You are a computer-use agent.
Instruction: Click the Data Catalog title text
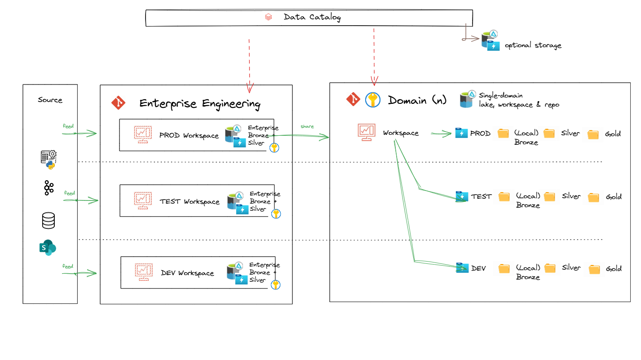(312, 18)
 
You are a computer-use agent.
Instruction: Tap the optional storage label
(533, 45)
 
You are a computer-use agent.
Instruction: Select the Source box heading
(50, 100)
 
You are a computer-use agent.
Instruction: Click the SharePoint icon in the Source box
(48, 248)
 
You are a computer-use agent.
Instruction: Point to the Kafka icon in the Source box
(49, 187)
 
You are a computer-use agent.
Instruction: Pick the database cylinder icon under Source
(48, 221)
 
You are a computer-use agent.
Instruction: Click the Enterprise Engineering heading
(199, 104)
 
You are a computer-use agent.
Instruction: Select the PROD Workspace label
(189, 135)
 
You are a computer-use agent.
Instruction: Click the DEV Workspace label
(187, 273)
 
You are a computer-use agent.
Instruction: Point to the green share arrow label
(307, 127)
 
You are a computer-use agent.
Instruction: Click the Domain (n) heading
(417, 100)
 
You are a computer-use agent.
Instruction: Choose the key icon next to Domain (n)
(372, 100)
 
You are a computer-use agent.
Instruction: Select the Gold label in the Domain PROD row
(613, 134)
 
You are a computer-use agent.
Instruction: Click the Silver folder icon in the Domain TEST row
(549, 196)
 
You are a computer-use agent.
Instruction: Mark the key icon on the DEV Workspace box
(275, 284)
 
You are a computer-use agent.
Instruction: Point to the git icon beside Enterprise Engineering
(118, 103)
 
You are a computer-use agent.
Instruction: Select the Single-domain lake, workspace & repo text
(519, 100)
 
